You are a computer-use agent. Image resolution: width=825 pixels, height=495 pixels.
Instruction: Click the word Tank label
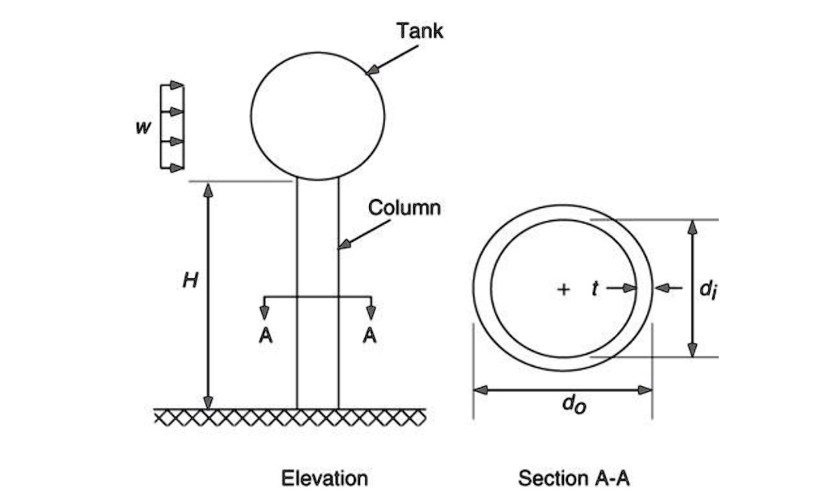coord(419,31)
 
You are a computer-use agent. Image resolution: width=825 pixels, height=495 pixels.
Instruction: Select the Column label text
coord(404,208)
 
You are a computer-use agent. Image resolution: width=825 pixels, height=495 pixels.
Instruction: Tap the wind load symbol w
coord(142,128)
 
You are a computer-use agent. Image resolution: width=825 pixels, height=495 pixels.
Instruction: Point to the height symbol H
coord(188,281)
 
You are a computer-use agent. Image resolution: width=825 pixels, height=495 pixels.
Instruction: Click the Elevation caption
coord(324,478)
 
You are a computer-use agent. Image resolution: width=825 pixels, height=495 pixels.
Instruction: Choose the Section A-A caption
coord(574,478)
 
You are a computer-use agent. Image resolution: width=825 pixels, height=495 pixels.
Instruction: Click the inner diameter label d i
coord(707,289)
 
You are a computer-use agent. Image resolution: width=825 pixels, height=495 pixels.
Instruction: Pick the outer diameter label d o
coord(574,404)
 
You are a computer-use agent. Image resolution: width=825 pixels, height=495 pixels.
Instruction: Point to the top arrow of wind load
coord(176,85)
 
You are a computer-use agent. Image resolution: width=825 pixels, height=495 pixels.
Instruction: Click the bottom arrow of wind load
coord(176,167)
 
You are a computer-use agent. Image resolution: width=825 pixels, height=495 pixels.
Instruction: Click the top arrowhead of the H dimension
coord(208,189)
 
